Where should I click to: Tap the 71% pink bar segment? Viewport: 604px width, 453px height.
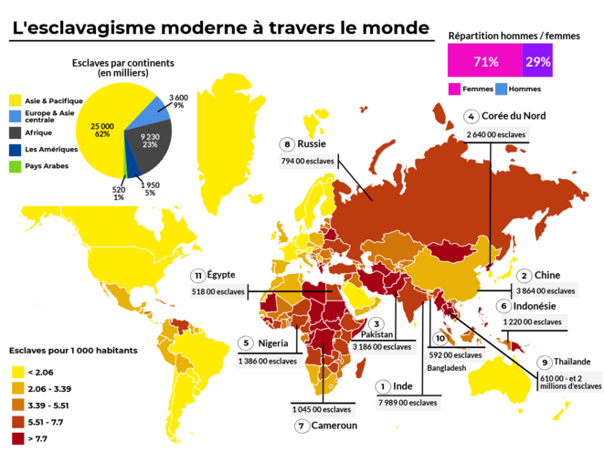[x=484, y=62]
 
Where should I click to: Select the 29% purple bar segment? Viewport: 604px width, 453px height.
[x=538, y=62]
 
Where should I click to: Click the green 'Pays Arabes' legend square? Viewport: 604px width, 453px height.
[x=16, y=167]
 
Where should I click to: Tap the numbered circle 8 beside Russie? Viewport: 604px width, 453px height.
[x=287, y=144]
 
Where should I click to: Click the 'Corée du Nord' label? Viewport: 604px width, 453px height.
[x=516, y=116]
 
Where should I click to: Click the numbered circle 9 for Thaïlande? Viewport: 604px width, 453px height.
[x=545, y=362]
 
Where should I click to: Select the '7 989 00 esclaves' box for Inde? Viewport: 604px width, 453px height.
[x=407, y=402]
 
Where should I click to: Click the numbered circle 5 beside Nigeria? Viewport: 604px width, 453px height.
[x=245, y=342]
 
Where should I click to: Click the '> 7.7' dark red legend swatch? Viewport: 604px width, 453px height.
[x=16, y=439]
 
